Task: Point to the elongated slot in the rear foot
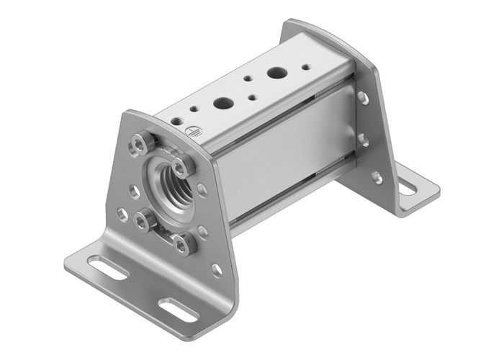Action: click(x=407, y=189)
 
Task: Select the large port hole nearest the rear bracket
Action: click(x=276, y=72)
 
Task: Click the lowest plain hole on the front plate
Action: click(x=216, y=270)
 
